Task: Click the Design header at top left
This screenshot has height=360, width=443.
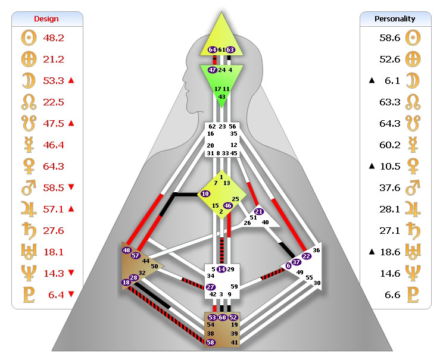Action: click(46, 18)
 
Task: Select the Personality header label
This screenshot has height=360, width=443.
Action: click(395, 18)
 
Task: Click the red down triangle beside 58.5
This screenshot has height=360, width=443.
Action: click(71, 187)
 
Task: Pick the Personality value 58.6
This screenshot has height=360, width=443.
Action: click(389, 38)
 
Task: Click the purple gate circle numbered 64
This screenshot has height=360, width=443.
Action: click(213, 49)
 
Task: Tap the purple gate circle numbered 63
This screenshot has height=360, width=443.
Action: click(230, 49)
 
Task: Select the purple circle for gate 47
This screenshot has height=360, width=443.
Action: click(212, 70)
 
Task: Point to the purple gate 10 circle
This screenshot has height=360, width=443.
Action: click(205, 193)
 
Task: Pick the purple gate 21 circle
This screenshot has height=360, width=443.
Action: click(259, 211)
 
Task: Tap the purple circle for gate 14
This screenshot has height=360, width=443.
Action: click(221, 270)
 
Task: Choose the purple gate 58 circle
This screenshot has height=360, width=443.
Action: click(210, 343)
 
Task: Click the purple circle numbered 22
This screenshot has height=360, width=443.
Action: click(306, 256)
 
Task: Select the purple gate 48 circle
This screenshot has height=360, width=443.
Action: click(127, 251)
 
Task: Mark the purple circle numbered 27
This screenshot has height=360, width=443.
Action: click(210, 287)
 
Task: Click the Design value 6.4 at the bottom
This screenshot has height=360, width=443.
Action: click(54, 294)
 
